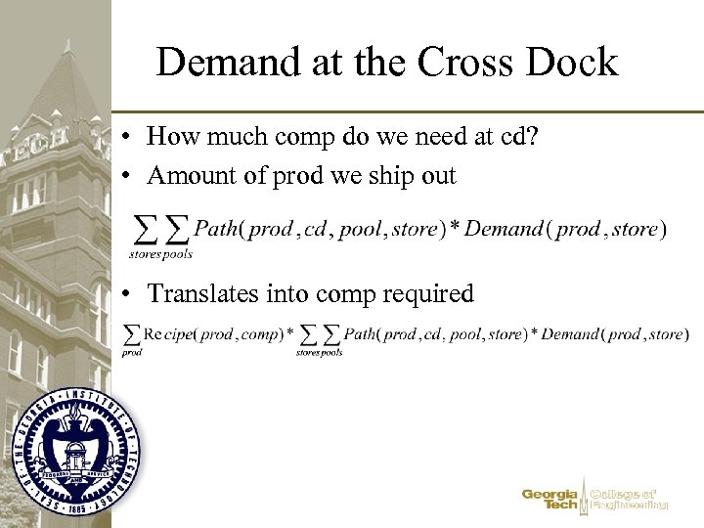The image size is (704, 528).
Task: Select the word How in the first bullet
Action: click(x=170, y=136)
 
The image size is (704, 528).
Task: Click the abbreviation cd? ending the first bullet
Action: click(x=515, y=136)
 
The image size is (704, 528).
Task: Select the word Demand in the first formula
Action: click(x=504, y=229)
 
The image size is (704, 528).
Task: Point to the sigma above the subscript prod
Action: click(x=131, y=333)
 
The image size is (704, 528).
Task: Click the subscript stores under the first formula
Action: click(x=145, y=254)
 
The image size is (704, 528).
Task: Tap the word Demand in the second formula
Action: click(x=569, y=334)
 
